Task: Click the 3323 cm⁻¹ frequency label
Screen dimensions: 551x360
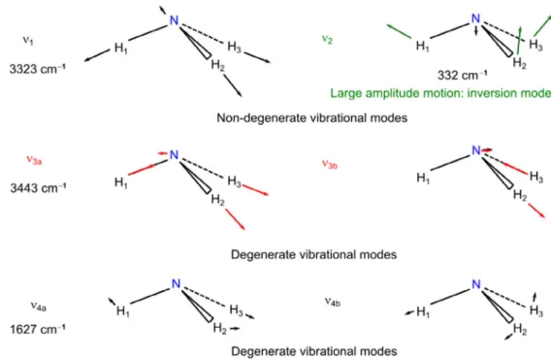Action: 38,69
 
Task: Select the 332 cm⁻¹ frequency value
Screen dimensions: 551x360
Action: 463,75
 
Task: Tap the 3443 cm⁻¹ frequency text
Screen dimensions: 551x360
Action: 38,187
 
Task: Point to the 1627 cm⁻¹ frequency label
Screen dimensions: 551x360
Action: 38,329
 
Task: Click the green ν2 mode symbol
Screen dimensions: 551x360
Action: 327,39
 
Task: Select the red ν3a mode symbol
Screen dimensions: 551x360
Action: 34,160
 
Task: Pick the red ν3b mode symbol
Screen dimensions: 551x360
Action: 330,164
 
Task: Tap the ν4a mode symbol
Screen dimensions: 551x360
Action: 38,307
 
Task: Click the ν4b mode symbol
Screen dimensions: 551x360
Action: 333,302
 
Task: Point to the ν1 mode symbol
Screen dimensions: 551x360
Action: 28,40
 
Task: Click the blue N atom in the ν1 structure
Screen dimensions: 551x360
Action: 174,20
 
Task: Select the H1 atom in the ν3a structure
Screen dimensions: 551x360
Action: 121,182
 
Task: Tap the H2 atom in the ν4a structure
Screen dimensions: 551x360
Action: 219,328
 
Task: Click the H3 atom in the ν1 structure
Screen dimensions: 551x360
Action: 234,47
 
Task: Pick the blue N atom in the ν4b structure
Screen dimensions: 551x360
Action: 475,284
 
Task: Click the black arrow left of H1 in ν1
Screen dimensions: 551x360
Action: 97,55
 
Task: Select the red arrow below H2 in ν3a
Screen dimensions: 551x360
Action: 235,219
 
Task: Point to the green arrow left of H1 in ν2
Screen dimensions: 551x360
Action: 399,31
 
